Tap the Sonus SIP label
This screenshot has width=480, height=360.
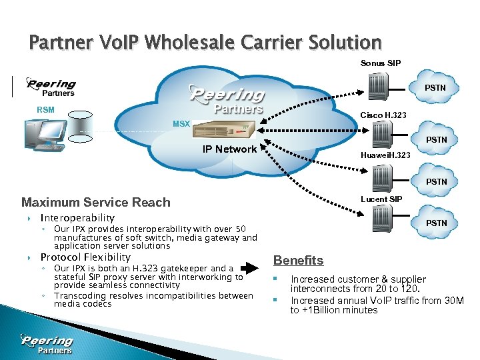(381, 63)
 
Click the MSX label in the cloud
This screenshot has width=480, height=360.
(181, 124)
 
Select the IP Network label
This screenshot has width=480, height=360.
(229, 149)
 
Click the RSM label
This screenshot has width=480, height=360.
(45, 110)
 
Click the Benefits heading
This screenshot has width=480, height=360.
(299, 261)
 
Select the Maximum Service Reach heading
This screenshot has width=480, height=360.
(96, 203)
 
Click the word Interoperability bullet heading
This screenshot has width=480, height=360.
(77, 218)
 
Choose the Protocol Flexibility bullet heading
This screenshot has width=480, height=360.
(85, 257)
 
